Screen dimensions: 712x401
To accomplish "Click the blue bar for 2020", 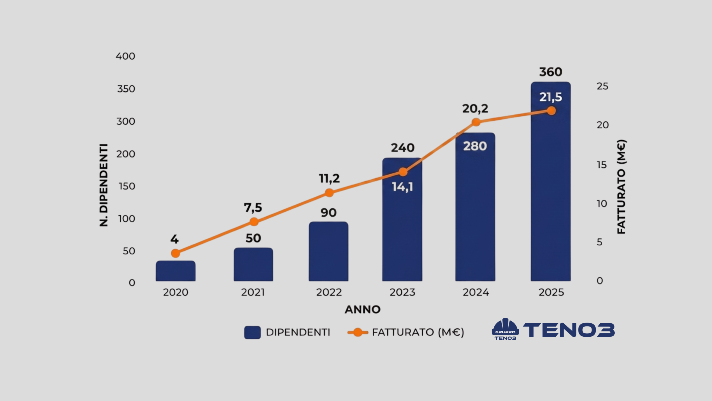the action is (175, 271).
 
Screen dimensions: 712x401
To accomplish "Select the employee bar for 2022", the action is (328, 251).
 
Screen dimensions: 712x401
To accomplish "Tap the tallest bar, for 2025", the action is (551, 181).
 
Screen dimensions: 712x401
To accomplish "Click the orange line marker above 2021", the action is (254, 222).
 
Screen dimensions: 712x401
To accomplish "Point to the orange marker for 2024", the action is (476, 122).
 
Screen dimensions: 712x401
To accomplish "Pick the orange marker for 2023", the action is (403, 172).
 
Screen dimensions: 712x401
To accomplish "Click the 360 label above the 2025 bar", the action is (551, 72).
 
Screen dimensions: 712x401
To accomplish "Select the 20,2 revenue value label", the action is (475, 109).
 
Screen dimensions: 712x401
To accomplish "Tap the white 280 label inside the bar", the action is (475, 146).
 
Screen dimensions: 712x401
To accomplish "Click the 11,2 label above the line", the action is (329, 179).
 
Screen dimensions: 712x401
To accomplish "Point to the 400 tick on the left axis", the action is (125, 56).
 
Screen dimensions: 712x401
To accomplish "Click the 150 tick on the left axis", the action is (127, 186).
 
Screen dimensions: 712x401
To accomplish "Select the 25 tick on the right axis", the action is (602, 86).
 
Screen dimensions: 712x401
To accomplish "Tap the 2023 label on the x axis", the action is (402, 292).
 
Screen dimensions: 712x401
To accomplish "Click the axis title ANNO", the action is (363, 310).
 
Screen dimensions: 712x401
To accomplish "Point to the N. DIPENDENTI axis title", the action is (103, 185).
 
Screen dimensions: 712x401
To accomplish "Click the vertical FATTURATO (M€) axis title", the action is (621, 187).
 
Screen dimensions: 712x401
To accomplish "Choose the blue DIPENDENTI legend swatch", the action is (252, 332).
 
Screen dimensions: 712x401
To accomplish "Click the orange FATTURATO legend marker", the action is (358, 332).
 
